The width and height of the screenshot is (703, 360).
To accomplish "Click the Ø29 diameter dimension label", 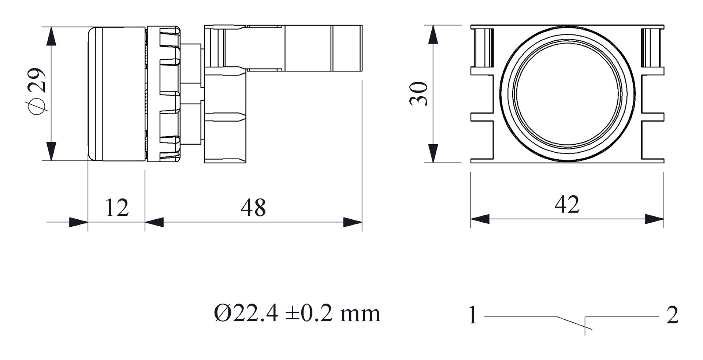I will [37, 92].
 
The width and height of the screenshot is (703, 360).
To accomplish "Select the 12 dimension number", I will [117, 208].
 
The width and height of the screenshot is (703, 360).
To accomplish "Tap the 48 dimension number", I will [253, 208].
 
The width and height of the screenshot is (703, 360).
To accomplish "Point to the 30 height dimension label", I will [419, 94].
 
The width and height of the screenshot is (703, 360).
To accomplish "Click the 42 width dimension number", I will [567, 205].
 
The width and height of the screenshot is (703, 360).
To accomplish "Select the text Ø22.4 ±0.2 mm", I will [297, 314].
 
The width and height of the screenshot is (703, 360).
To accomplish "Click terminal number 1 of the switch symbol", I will [473, 315].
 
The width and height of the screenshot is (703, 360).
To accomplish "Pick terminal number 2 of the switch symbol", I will [672, 315].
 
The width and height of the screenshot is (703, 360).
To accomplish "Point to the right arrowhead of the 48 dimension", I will [353, 222].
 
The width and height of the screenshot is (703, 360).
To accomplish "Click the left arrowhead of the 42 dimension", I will [480, 219].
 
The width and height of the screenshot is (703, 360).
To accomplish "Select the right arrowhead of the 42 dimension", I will [654, 219].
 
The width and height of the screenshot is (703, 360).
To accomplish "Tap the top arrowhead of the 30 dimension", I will [433, 34].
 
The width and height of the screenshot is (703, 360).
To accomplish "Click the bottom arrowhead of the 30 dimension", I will [433, 153].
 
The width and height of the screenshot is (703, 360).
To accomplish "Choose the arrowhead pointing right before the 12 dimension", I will [78, 222].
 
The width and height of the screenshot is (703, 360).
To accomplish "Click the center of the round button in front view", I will [567, 94].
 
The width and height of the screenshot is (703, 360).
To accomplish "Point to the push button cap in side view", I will [116, 94].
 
